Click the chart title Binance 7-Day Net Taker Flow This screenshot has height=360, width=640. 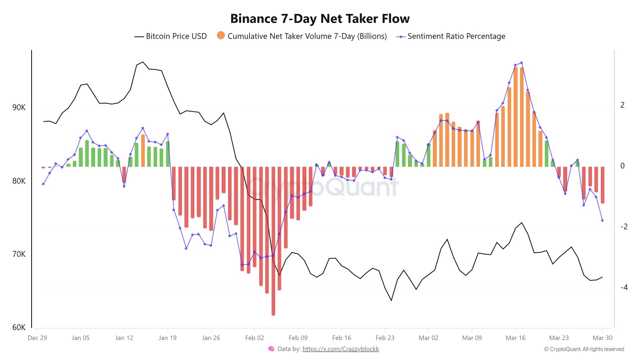(x=320, y=19)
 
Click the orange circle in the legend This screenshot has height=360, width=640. (x=221, y=36)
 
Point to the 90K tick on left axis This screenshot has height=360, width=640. (x=19, y=107)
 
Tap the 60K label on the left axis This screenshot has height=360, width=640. (x=19, y=327)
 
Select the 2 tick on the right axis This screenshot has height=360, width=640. (x=622, y=105)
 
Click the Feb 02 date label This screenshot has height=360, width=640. (x=254, y=338)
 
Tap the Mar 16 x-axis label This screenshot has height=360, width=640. (x=515, y=338)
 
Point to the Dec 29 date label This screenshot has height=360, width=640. (x=37, y=338)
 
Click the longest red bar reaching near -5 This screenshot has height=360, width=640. (x=273, y=240)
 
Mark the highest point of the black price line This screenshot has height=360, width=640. (x=143, y=62)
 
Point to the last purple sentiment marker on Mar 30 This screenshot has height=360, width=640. (x=602, y=220)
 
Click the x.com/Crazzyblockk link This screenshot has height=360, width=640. (x=340, y=349)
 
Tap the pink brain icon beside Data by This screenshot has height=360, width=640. (x=271, y=349)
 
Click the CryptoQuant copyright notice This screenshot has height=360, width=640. (x=584, y=349)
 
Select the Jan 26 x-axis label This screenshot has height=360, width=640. (x=211, y=338)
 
